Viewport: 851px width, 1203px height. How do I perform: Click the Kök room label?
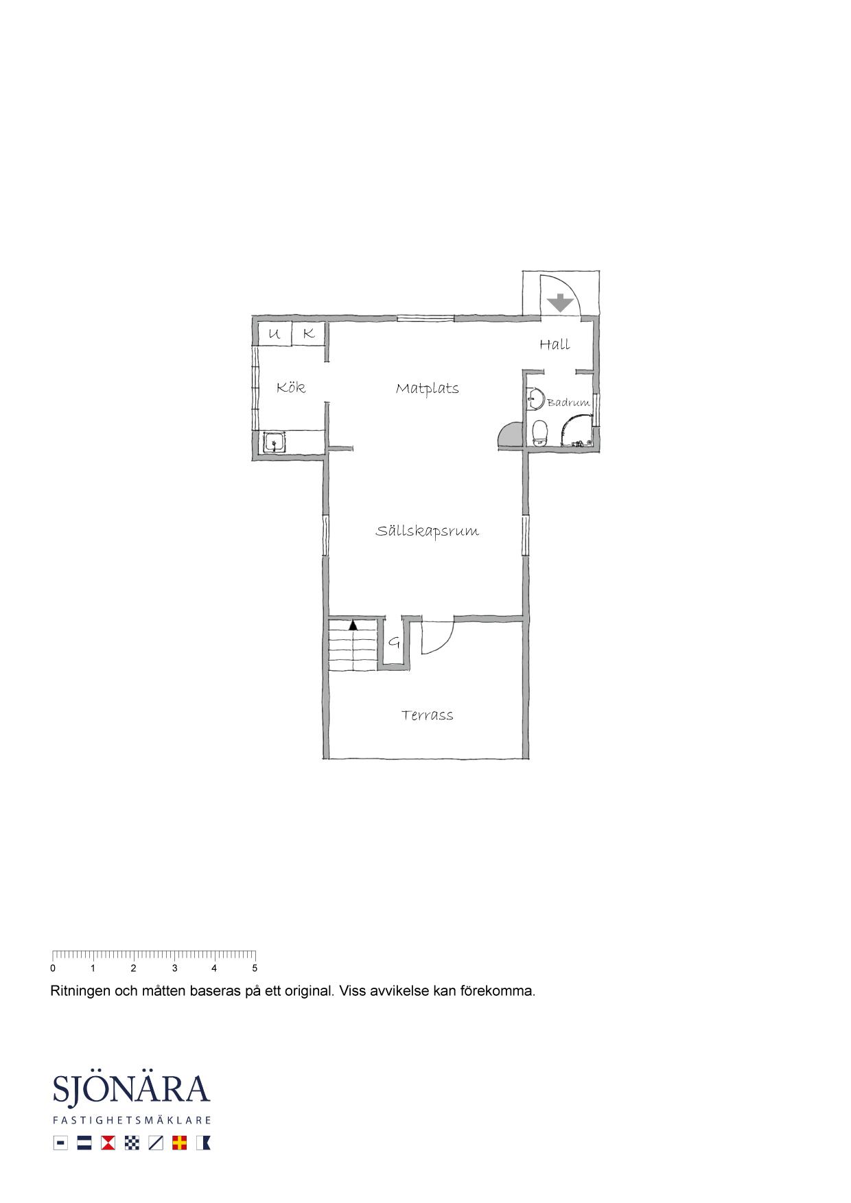[x=291, y=388]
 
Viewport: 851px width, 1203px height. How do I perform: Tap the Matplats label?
[x=427, y=389]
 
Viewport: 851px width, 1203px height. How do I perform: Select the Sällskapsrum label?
[x=427, y=532]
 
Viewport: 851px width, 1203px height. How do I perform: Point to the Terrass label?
[x=428, y=715]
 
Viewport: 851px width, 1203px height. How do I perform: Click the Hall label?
[x=555, y=344]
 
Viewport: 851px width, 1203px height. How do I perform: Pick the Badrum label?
[x=568, y=403]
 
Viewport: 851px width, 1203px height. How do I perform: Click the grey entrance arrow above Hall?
[x=561, y=302]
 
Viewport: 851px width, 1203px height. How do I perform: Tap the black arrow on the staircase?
[x=353, y=625]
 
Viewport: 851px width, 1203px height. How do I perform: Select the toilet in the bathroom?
[x=540, y=433]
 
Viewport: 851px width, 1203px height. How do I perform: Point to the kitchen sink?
[x=275, y=442]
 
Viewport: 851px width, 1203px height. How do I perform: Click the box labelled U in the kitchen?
[x=275, y=335]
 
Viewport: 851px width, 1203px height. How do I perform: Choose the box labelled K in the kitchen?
[x=309, y=335]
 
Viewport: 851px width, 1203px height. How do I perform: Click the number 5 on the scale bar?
[x=255, y=968]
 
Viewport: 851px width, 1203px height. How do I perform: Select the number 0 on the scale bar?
[x=53, y=968]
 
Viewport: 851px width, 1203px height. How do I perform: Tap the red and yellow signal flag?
[x=180, y=1143]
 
